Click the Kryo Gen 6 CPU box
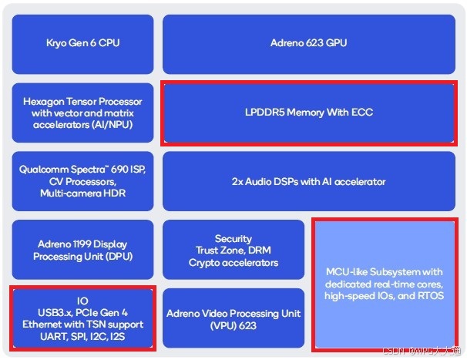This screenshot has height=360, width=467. coord(82,43)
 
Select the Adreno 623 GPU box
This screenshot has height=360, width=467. coord(308,43)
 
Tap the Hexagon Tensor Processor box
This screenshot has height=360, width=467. coord(82,113)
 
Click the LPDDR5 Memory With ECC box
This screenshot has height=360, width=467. coord(308,113)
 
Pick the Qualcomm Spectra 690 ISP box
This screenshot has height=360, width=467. coord(82,181)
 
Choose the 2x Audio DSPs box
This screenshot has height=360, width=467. coord(308,182)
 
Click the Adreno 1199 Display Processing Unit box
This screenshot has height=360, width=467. coord(82,251)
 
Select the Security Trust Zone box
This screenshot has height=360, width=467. coord(233,251)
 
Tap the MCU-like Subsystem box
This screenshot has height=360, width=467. coord(385,283)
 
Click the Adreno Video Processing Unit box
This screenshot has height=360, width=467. coord(233,319)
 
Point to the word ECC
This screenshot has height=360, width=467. coord(361,113)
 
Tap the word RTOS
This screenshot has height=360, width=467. coord(430,295)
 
